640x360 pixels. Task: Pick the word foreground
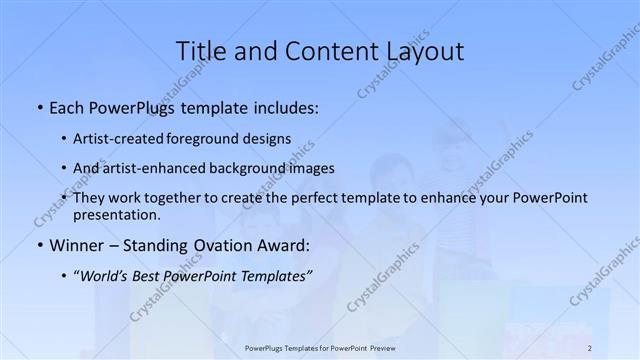(x=207, y=139)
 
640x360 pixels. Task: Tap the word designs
(x=268, y=139)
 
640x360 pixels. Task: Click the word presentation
(x=115, y=214)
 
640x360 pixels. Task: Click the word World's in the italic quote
(x=106, y=274)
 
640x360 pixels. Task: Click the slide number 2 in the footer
(x=590, y=348)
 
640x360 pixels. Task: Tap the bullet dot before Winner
(x=39, y=245)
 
